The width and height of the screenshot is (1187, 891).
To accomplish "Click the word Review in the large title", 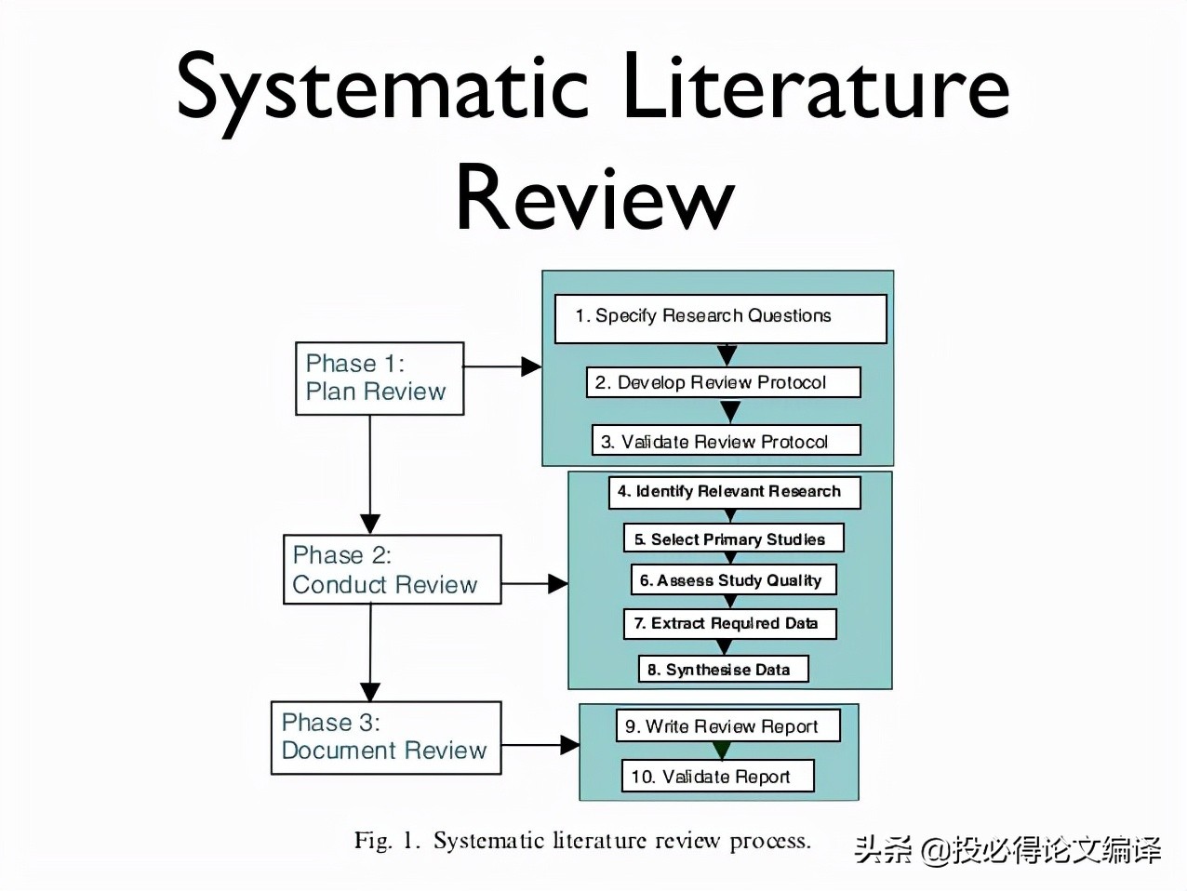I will (594, 197).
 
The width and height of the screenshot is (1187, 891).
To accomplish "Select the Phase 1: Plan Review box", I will (379, 378).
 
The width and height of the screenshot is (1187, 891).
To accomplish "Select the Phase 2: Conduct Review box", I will (392, 569).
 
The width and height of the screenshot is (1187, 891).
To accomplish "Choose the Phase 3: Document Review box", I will (385, 737).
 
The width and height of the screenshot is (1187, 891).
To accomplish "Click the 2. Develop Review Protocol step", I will (723, 382).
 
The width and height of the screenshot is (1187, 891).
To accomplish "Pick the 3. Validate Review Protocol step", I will (726, 441).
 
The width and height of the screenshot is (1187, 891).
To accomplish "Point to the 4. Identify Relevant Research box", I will (734, 491).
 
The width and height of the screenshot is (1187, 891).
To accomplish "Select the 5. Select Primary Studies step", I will (733, 539).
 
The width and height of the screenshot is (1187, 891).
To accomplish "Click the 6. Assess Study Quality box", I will (733, 579).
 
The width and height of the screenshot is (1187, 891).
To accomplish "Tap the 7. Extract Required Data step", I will (729, 623).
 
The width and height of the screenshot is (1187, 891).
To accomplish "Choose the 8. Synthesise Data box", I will (723, 669).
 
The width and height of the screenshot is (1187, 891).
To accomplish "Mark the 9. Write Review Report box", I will (727, 725).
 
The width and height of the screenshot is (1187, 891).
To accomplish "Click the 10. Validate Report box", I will (716, 776).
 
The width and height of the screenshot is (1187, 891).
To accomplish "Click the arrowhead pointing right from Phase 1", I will (531, 366).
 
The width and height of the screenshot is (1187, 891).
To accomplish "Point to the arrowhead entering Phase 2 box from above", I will (370, 524).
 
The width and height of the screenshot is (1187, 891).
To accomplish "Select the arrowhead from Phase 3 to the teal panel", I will (569, 744).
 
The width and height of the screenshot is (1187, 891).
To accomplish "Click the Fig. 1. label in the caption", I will (387, 841).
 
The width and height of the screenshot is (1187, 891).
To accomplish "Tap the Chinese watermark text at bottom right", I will (1007, 848).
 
